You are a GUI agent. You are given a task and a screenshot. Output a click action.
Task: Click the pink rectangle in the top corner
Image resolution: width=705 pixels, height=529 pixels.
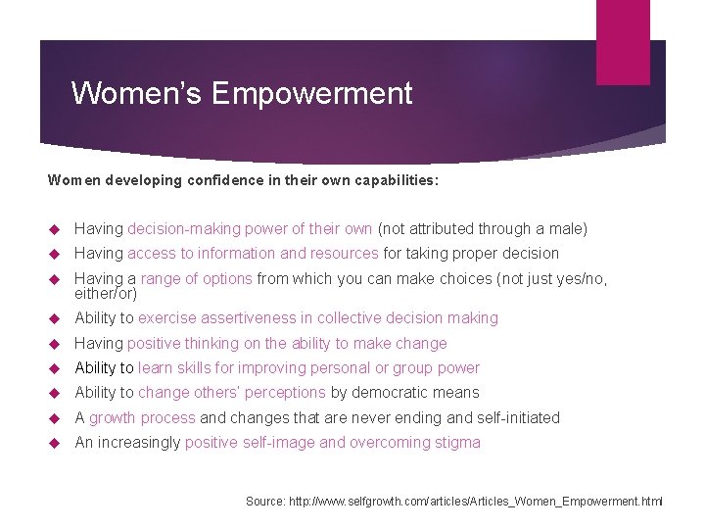pyautogui.click(x=623, y=41)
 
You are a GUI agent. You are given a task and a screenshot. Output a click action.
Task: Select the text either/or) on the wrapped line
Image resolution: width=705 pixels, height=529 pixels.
pyautogui.click(x=106, y=293)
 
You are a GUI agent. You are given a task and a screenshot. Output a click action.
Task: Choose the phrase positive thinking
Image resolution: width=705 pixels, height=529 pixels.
pyautogui.click(x=182, y=344)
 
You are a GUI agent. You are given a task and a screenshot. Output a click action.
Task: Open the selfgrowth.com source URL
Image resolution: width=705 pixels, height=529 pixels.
pyautogui.click(x=476, y=502)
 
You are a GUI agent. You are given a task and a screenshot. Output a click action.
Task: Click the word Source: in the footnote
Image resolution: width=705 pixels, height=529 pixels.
pyautogui.click(x=265, y=502)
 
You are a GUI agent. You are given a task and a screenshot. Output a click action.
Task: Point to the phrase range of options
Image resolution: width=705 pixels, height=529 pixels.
pyautogui.click(x=196, y=279)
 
